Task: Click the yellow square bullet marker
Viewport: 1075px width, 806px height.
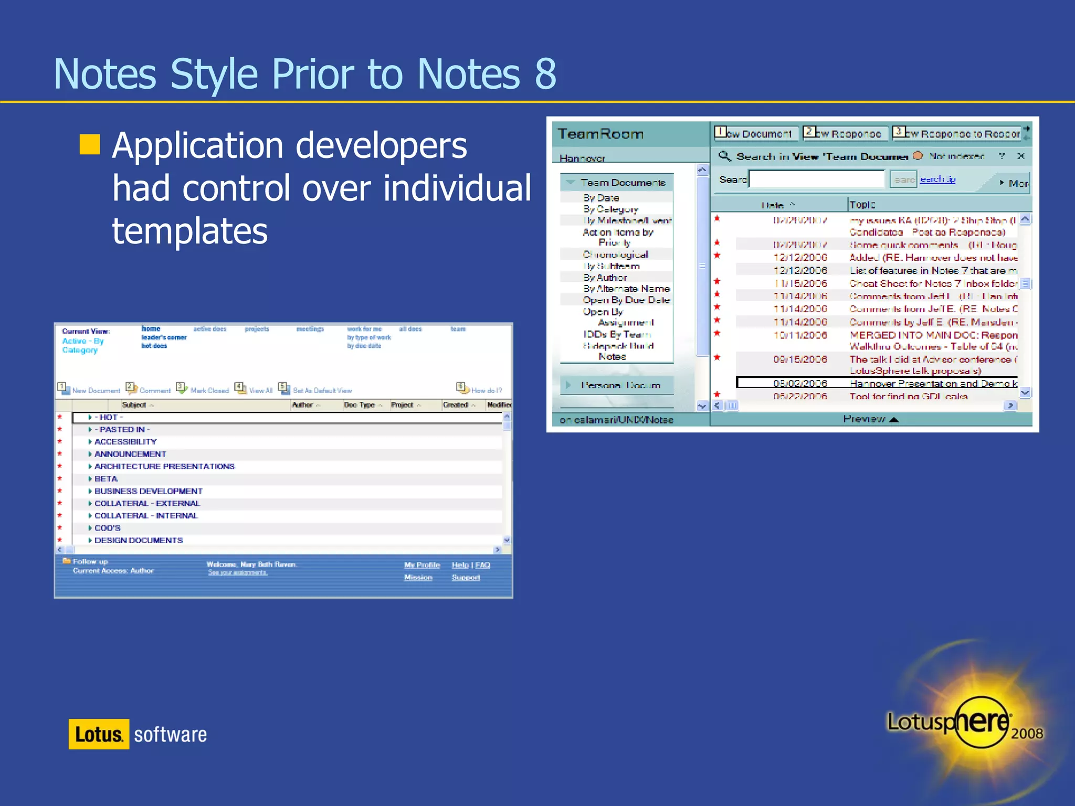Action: (x=90, y=144)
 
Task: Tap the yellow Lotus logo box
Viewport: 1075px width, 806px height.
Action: (x=99, y=734)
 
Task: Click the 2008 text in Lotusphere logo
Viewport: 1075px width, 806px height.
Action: (x=1027, y=733)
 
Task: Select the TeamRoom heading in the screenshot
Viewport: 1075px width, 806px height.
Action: (x=600, y=134)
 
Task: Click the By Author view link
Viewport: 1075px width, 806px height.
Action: (x=605, y=278)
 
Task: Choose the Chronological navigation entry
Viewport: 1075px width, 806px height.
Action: (x=615, y=254)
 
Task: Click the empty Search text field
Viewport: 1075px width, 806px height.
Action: (x=817, y=179)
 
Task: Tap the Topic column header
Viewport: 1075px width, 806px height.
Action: (x=862, y=205)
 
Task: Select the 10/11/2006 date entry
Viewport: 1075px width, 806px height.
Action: (x=800, y=335)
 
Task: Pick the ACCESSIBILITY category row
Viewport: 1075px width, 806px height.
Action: (x=125, y=442)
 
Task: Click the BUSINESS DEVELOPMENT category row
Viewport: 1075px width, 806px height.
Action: (x=148, y=491)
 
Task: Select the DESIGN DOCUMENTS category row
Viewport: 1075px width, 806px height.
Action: (x=139, y=540)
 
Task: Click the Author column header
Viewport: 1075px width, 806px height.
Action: (x=303, y=405)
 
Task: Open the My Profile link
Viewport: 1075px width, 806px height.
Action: (x=421, y=565)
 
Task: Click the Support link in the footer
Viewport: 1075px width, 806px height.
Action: (x=466, y=577)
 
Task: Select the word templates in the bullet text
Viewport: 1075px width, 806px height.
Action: (x=189, y=231)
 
